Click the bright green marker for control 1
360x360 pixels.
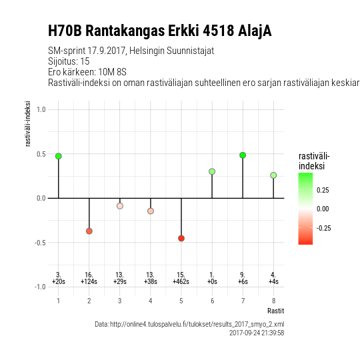pyautogui.click(x=59, y=156)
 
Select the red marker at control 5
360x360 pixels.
pyautogui.click(x=181, y=238)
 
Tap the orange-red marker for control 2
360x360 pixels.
pyautogui.click(x=89, y=231)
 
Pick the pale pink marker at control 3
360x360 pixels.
pyautogui.click(x=120, y=206)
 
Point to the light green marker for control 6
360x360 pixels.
pyautogui.click(x=212, y=171)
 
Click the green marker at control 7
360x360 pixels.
pyautogui.click(x=243, y=155)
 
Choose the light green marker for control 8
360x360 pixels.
pyautogui.click(x=273, y=175)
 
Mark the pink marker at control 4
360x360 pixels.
pyautogui.click(x=151, y=211)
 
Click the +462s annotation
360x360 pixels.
pyautogui.click(x=181, y=281)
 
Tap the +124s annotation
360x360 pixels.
pyautogui.click(x=89, y=281)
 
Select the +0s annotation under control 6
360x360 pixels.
pyautogui.click(x=212, y=281)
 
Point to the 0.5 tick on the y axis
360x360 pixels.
pyautogui.click(x=41, y=154)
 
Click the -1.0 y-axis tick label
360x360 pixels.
pyautogui.click(x=40, y=287)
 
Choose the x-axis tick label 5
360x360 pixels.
pyautogui.click(x=181, y=301)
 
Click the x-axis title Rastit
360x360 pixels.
pyautogui.click(x=276, y=311)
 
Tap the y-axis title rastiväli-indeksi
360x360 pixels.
pyautogui.click(x=28, y=123)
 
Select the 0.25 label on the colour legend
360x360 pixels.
pyautogui.click(x=323, y=190)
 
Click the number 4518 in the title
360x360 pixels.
pyautogui.click(x=219, y=31)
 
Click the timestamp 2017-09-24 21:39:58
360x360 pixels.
pyautogui.click(x=257, y=333)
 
